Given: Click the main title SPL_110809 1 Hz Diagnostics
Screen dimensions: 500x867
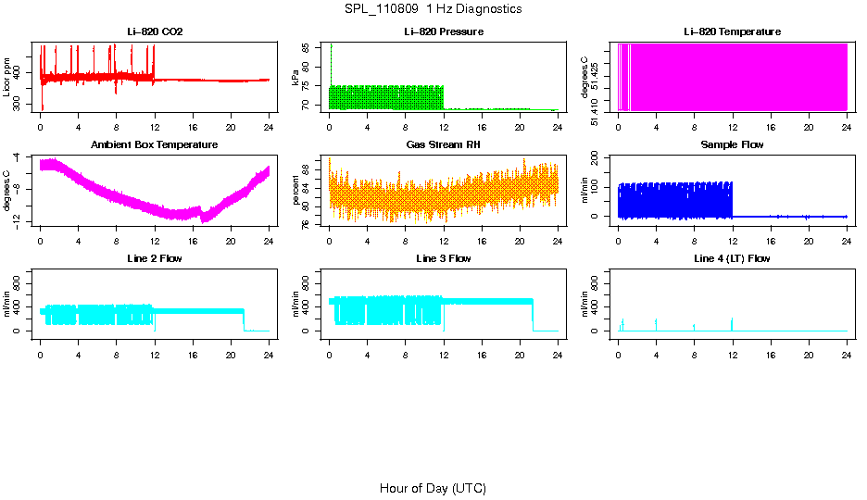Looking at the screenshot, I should point(433,9).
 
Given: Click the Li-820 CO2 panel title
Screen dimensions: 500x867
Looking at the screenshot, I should point(155,32).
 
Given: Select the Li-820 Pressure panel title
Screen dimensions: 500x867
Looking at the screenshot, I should point(444,32).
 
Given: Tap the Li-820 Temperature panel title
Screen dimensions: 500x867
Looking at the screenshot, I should point(732,32).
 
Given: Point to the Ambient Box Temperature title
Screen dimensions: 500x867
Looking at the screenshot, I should point(155,145).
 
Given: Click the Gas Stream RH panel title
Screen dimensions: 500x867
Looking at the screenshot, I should point(444,145).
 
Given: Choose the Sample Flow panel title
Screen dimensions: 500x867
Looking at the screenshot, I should point(732,145).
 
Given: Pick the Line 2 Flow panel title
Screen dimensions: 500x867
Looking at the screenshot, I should point(155,258).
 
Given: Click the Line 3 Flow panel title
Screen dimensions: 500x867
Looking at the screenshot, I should point(444,258).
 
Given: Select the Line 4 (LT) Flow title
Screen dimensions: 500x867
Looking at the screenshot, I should point(732,258).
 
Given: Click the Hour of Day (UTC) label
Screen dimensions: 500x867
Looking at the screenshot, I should point(433,488).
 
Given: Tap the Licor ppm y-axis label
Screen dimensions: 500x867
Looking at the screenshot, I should point(7,78).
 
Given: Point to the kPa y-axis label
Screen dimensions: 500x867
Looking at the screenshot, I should point(296,78).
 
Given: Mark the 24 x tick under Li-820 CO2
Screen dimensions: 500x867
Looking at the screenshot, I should point(269,127).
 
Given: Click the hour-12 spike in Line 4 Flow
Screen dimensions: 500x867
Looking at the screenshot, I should point(732,323).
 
